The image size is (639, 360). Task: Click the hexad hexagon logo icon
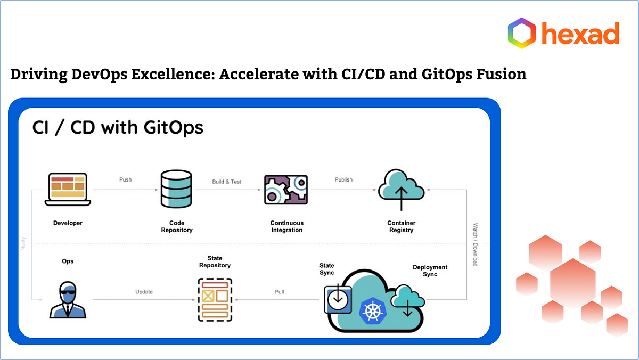[x=522, y=33]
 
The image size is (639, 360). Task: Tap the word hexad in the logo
[x=580, y=34]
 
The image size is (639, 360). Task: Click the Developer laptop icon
[x=68, y=189]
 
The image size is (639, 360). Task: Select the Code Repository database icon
[x=176, y=189]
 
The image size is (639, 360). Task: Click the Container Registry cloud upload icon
[x=402, y=189]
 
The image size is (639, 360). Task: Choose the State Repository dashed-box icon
[x=215, y=299]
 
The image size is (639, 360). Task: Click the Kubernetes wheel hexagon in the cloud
[x=373, y=309]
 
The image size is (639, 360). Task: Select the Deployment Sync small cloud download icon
[x=408, y=301]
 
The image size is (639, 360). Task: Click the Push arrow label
[x=125, y=180]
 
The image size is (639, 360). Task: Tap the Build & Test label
[x=227, y=182]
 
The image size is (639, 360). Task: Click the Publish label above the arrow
[x=343, y=180]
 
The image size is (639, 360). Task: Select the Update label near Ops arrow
[x=144, y=292]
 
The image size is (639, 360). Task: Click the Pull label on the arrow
[x=279, y=292]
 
